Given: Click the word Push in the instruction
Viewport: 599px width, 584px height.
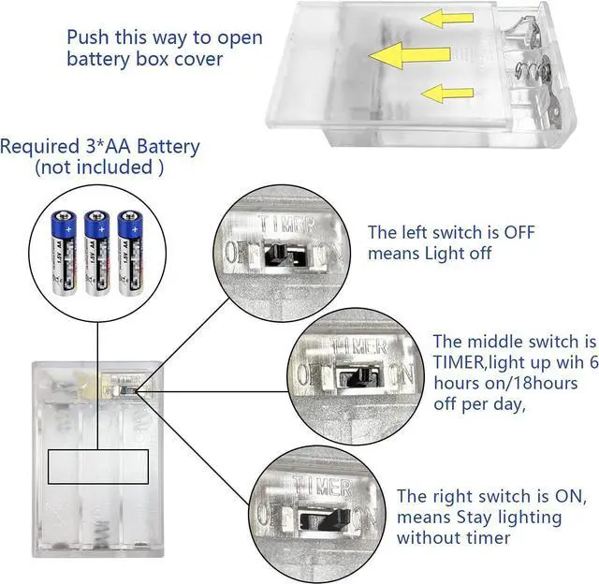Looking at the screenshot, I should tap(88, 37).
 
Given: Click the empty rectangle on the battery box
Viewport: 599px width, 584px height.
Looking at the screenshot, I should tap(98, 465).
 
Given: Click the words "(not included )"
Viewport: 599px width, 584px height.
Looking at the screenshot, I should tap(98, 168).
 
